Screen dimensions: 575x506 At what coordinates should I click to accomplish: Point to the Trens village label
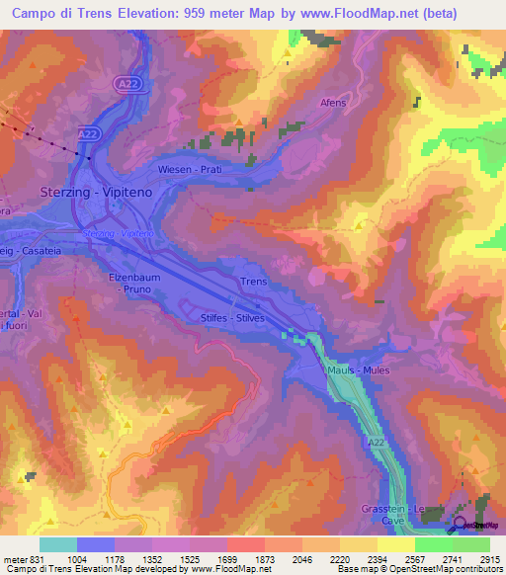click(254, 282)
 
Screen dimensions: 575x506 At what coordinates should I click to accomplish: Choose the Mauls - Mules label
click(358, 370)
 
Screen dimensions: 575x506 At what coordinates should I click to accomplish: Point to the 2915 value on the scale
click(488, 559)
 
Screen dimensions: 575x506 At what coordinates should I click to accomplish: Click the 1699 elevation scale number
click(226, 559)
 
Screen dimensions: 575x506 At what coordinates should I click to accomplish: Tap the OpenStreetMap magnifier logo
click(461, 524)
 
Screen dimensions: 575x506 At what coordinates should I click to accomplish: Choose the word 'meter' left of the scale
click(15, 559)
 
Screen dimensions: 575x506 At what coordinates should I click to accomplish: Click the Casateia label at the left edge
click(36, 252)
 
